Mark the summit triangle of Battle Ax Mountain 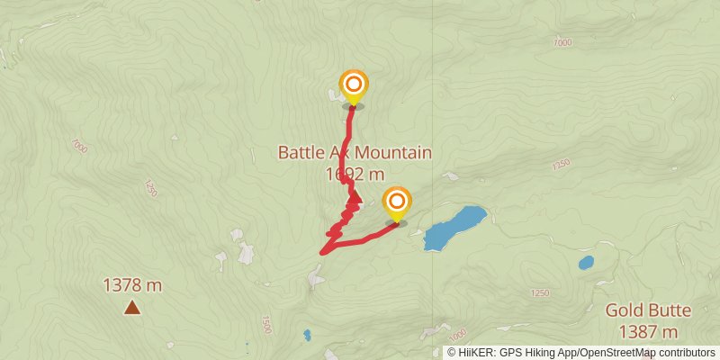[355, 198]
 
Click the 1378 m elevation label [132, 286]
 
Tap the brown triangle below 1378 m [132, 309]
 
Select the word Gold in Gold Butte [624, 310]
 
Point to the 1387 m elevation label [648, 332]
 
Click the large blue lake [454, 228]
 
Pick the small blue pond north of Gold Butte [586, 263]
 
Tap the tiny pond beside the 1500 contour [307, 335]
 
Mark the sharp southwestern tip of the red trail [321, 253]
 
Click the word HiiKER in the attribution [474, 353]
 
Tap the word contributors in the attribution [683, 353]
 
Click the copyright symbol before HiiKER [452, 353]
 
